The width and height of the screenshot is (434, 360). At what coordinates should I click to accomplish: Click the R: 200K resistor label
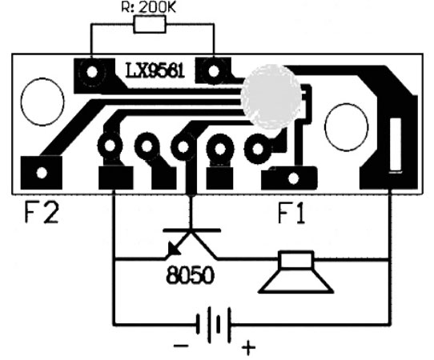pyautogui.click(x=149, y=7)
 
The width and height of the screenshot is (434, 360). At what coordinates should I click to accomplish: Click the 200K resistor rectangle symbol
pyautogui.click(x=150, y=24)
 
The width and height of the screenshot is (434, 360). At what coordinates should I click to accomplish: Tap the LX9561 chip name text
pyautogui.click(x=155, y=70)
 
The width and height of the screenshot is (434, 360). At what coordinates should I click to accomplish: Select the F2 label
pyautogui.click(x=42, y=213)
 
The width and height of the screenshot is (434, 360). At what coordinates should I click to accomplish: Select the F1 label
pyautogui.click(x=291, y=213)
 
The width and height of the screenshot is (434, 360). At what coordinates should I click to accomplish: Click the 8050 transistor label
pyautogui.click(x=191, y=275)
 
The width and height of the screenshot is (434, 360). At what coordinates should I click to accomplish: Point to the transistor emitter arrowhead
pyautogui.click(x=174, y=248)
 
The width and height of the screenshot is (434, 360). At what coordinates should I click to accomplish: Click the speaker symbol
pyautogui.click(x=296, y=272)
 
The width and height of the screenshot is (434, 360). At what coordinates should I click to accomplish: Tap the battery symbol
pyautogui.click(x=214, y=323)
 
